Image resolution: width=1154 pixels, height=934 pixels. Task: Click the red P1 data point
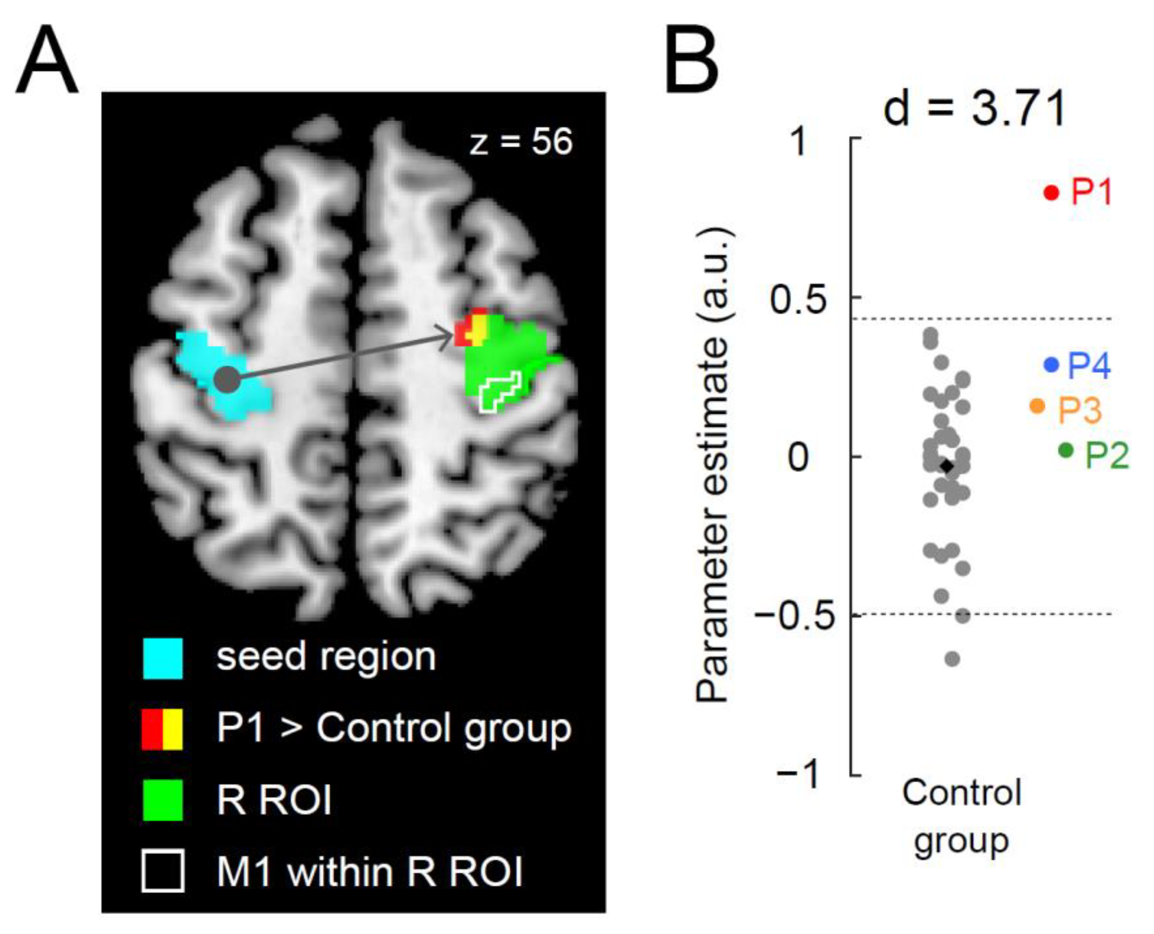[1051, 192]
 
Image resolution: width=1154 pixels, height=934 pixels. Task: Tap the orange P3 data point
[1037, 406]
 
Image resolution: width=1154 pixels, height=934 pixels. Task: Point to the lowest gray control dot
[952, 659]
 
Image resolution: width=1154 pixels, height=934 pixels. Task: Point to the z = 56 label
[521, 143]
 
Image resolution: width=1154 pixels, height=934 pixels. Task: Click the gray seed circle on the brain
[227, 380]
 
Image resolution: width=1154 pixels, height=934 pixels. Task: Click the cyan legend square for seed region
[162, 658]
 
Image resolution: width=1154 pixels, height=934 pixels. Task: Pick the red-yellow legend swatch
[162, 729]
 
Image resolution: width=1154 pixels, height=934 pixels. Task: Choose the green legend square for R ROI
[162, 801]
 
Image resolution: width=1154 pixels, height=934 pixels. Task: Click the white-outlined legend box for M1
[162, 871]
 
